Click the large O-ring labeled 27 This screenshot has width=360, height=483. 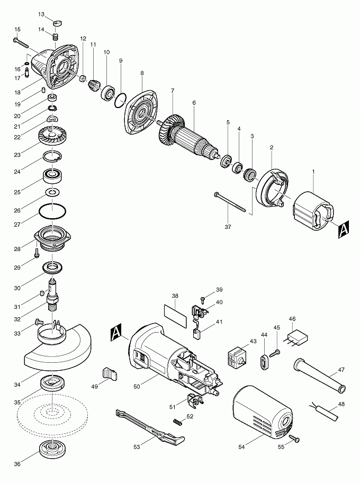pos(52,211)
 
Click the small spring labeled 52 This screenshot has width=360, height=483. pos(178,421)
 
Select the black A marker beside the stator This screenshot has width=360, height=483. pos(343,229)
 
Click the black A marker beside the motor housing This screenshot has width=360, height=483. pos(116,333)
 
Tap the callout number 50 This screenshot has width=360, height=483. pos(137,387)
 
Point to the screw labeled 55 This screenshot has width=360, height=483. pos(295,439)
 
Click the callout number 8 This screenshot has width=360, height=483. pos(142,73)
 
